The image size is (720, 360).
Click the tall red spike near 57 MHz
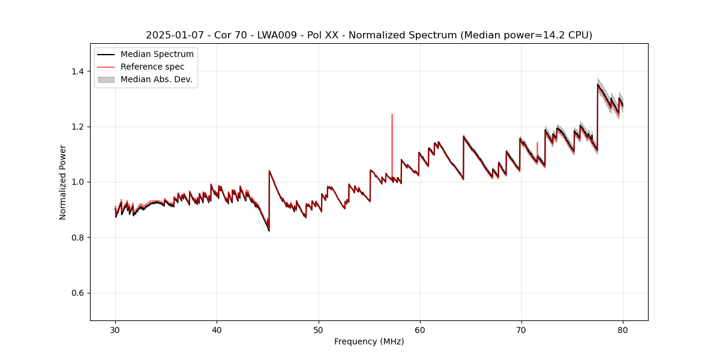point(392,116)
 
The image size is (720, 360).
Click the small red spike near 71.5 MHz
point(537,144)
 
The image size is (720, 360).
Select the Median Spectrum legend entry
point(157,55)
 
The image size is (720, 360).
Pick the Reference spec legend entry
point(152,67)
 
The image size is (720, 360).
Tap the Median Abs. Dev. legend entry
point(156,79)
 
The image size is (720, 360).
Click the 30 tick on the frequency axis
point(115,329)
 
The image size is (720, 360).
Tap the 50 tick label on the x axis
point(319,329)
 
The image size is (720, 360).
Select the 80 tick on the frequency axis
point(623,329)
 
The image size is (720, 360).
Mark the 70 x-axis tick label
point(521,329)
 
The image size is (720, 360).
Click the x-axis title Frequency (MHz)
point(369,341)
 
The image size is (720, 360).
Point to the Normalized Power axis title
point(63,182)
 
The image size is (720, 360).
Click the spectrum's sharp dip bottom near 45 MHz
point(269,230)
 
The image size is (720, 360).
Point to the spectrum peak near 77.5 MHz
point(598,85)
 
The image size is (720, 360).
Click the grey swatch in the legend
point(106,79)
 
